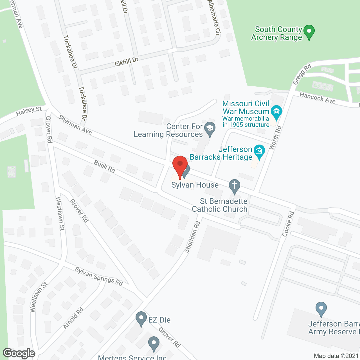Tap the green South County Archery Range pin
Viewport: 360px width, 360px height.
tap(309, 31)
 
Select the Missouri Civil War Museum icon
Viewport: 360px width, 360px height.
tap(276, 112)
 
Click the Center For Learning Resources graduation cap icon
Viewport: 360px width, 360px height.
tap(210, 129)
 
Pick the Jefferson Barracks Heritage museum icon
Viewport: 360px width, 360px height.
tap(259, 151)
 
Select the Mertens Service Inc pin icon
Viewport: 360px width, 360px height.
tap(154, 343)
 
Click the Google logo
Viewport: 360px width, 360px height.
tap(19, 353)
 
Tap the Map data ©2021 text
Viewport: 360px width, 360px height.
tap(336, 356)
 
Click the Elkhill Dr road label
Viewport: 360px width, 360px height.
tap(127, 62)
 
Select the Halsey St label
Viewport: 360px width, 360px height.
tap(29, 111)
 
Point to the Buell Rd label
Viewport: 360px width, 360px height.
tap(105, 166)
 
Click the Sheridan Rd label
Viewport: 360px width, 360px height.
tap(192, 237)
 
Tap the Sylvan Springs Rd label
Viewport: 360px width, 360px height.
tap(99, 276)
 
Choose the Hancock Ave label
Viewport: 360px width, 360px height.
tap(318, 98)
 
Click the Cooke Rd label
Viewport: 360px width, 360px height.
tap(288, 224)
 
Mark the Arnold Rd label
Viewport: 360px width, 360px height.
tap(73, 318)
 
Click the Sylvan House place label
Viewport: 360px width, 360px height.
tap(195, 185)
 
